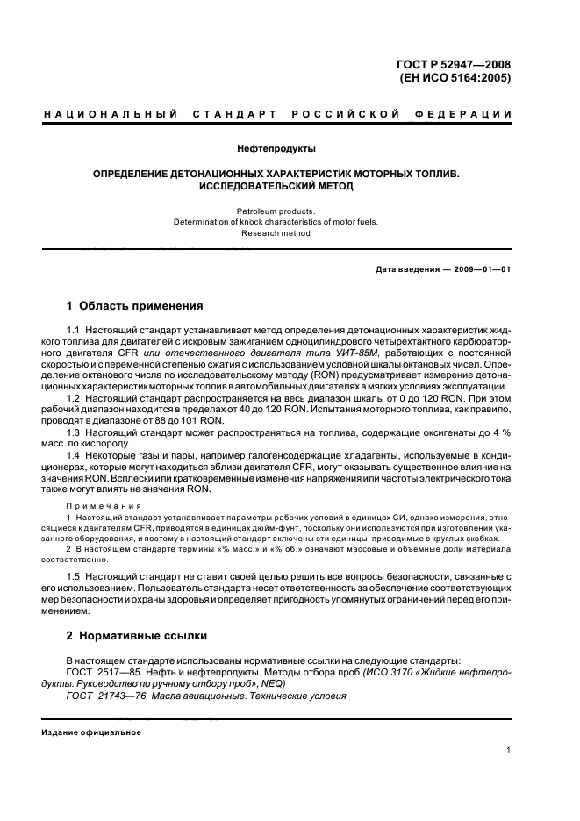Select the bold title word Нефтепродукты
[x=276, y=148]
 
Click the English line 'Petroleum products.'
[x=276, y=211]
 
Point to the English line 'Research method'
[x=276, y=233]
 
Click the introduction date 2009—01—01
[x=479, y=268]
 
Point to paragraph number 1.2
[x=73, y=399]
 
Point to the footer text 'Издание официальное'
[x=91, y=732]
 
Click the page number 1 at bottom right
[x=509, y=750]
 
